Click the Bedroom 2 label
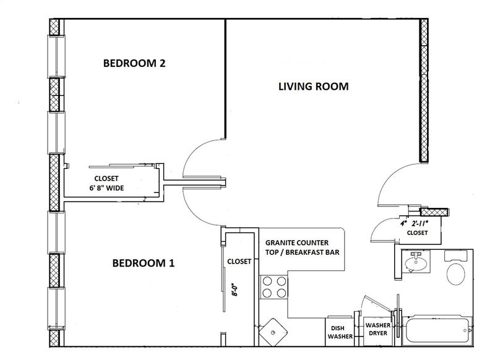[x=134, y=63]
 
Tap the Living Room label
[x=314, y=87]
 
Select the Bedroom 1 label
[x=144, y=263]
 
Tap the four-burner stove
[x=274, y=287]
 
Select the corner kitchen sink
[x=273, y=332]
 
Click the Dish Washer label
[x=340, y=333]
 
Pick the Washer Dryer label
[x=378, y=329]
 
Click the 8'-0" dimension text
[x=235, y=289]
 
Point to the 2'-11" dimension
[x=420, y=224]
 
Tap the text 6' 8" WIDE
[x=106, y=188]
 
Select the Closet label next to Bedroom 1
[x=239, y=262]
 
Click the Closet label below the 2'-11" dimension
[x=417, y=233]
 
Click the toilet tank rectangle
[x=456, y=256]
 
